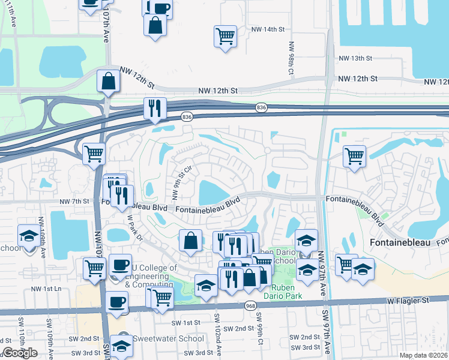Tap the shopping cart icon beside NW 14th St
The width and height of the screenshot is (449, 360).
pos(224,36)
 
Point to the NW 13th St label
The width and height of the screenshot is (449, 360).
pos(356,58)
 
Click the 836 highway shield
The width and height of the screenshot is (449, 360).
pos(261,107)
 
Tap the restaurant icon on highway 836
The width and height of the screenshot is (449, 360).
pos(155,109)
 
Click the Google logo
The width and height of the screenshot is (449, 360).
pos(20,353)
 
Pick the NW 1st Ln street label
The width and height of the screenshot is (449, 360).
pos(46,289)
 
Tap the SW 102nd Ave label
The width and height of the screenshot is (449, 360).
pos(219,337)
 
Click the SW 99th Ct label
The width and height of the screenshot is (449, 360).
pos(261,327)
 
